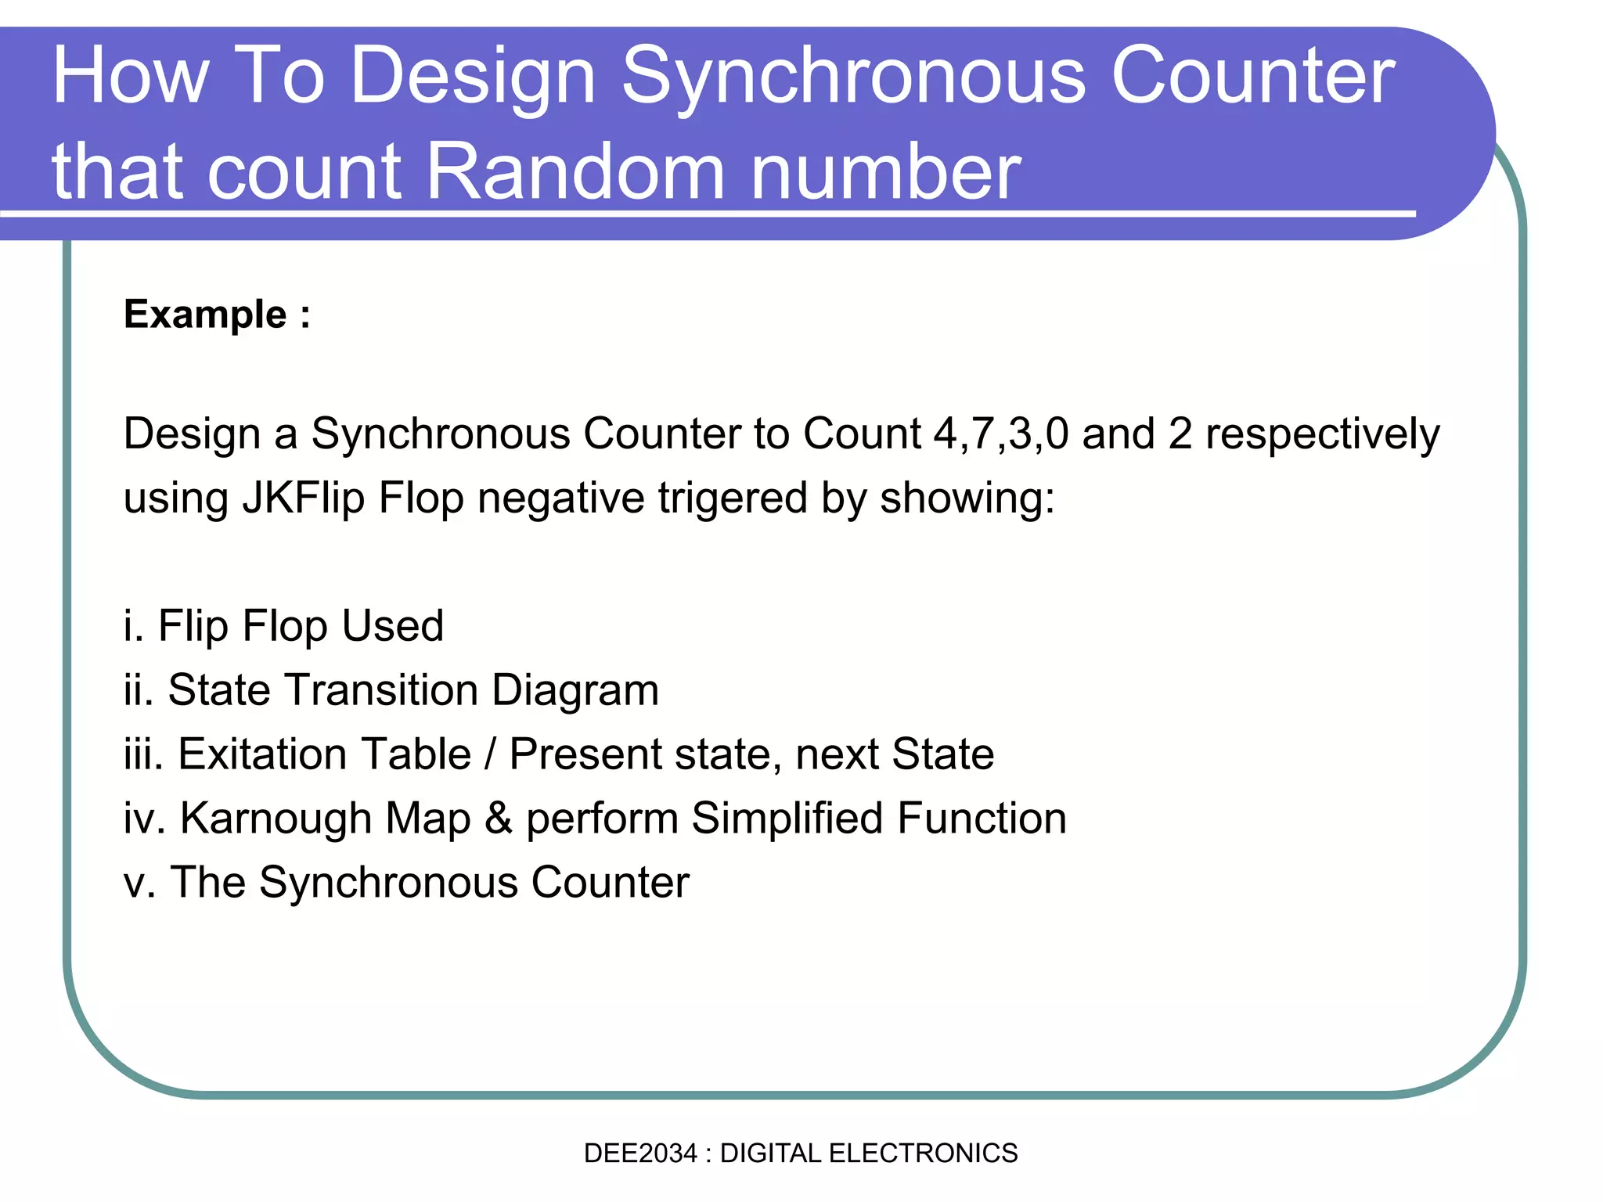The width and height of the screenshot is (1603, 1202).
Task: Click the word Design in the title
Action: pos(474,76)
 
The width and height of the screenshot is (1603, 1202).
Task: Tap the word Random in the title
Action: pos(575,171)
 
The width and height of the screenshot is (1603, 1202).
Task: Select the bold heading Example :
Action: pos(217,315)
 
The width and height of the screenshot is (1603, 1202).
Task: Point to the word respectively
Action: pos(1322,435)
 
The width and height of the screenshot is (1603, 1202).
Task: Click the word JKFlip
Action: pos(303,498)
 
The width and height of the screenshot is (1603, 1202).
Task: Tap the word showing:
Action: pos(967,498)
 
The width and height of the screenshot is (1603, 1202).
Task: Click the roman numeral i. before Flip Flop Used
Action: pos(134,626)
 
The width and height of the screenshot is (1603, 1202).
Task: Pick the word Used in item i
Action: pos(392,626)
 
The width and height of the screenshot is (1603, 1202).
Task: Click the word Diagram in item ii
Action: pos(575,691)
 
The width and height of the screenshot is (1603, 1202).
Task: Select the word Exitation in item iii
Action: pos(324,754)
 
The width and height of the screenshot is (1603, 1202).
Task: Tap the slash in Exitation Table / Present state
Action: pos(491,754)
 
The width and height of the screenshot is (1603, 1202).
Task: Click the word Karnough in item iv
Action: pos(326,819)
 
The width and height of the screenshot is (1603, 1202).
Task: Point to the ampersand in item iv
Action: pos(499,819)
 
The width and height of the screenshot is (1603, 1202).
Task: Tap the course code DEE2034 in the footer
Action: pos(639,1153)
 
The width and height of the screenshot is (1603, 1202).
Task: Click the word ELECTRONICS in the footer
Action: pos(923,1153)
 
